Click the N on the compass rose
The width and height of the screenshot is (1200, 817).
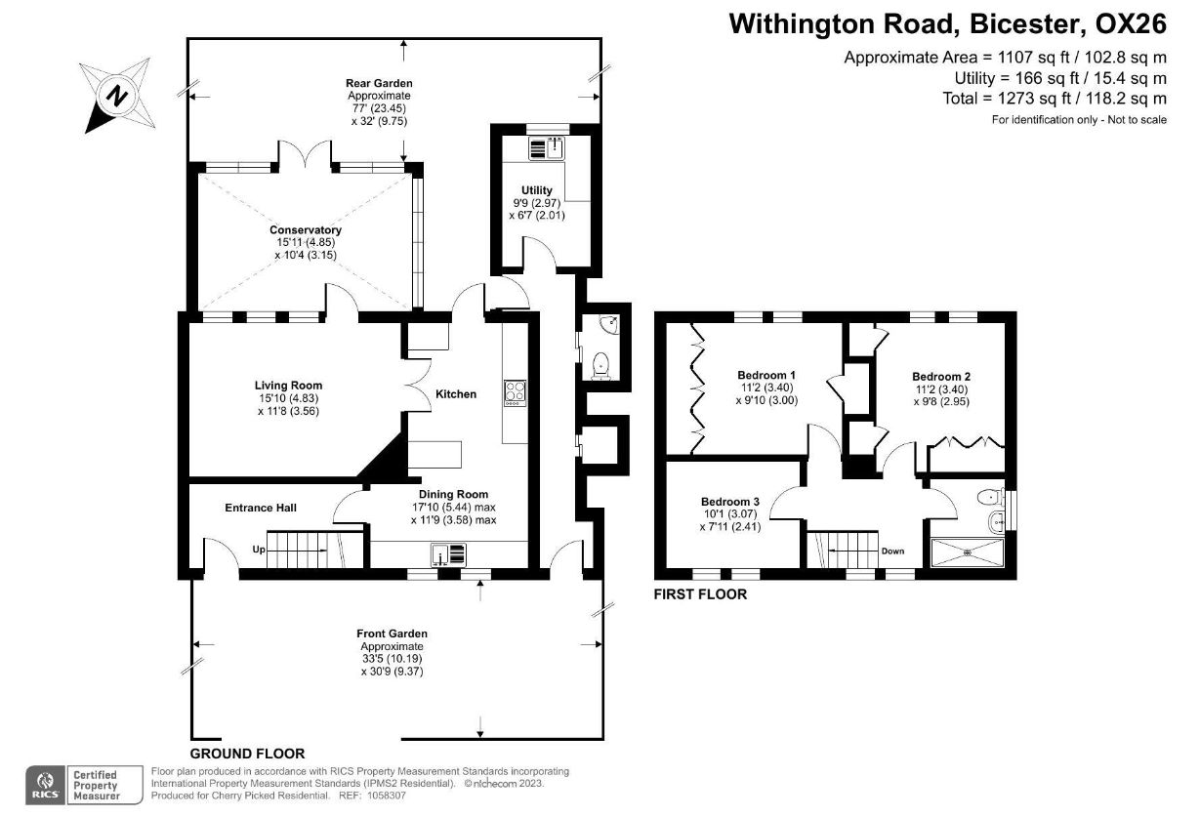click(117, 97)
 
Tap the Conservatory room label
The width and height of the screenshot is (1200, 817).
click(306, 229)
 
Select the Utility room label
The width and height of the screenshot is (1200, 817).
click(536, 190)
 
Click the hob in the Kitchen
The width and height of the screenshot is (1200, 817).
click(515, 393)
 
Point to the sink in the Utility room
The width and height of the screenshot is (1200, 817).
click(547, 148)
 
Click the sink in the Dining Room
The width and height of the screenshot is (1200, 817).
click(448, 554)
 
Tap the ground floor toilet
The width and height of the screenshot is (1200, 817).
click(601, 366)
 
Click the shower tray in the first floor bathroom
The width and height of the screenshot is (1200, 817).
click(967, 552)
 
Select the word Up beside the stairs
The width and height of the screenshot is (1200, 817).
click(259, 550)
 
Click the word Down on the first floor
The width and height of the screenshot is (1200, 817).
click(892, 551)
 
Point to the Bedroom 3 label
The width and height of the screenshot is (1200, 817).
click(730, 502)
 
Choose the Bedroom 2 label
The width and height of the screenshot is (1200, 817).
click(941, 377)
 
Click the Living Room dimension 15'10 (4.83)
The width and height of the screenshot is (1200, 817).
click(288, 398)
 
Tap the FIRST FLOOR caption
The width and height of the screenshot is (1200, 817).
click(700, 594)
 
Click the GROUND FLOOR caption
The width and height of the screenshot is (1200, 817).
click(247, 754)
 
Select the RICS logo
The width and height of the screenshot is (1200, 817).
click(46, 785)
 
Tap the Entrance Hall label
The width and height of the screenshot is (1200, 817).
click(261, 508)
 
